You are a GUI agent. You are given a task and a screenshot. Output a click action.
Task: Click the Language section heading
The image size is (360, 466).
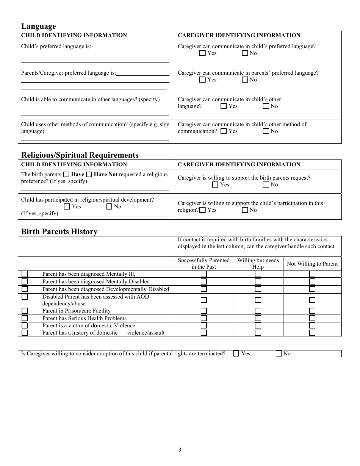38,26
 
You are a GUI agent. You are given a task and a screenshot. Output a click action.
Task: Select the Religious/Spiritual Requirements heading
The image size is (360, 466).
80,155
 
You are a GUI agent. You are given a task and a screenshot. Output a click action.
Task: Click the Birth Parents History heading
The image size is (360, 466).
59,231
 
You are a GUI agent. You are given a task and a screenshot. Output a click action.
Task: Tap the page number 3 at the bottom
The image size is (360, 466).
180,450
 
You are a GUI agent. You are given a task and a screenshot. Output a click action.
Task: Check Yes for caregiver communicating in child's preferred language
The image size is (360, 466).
202,53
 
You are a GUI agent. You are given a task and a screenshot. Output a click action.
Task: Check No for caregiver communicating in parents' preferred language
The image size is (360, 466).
244,80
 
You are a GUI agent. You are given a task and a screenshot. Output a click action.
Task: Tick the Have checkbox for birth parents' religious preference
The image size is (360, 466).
66,175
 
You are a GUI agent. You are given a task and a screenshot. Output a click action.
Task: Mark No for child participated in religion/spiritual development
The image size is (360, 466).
109,207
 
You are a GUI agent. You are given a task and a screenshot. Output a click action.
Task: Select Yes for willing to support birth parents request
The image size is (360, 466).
215,185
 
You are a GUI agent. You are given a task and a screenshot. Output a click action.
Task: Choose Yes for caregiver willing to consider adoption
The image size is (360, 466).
236,353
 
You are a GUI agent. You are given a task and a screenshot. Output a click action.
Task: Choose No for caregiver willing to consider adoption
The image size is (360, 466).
279,353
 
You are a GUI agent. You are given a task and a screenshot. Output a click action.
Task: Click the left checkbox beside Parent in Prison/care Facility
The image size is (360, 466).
25,311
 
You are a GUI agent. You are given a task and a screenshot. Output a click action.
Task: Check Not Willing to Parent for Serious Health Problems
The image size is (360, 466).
312,318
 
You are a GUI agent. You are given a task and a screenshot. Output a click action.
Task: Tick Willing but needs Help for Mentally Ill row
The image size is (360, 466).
258,274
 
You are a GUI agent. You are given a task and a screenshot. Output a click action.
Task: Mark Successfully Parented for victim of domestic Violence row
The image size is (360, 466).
203,325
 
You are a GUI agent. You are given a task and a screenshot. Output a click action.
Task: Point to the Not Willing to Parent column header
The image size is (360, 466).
312,264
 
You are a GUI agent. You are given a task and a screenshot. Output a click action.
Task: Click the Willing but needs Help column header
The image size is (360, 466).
258,263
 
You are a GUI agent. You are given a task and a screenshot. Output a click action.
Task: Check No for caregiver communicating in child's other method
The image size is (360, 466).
266,131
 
